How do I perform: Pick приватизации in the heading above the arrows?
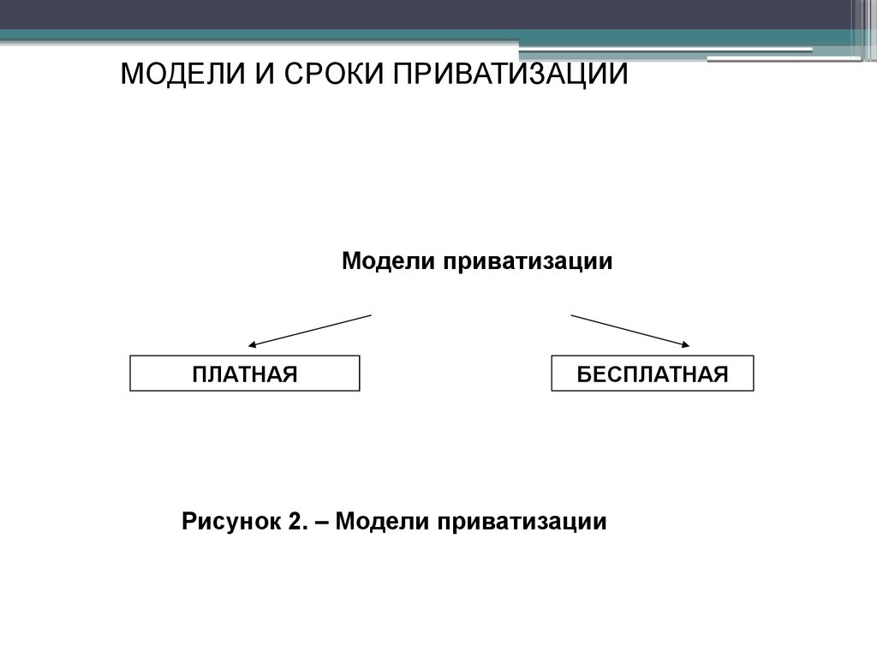pos(528,262)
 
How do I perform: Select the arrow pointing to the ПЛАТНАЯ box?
pos(310,331)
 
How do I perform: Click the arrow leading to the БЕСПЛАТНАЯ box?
pos(629,331)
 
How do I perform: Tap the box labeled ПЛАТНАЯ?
pos(244,374)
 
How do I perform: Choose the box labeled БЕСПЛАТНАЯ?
pos(652,374)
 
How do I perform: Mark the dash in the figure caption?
pos(322,523)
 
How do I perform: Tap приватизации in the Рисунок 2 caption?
pos(522,522)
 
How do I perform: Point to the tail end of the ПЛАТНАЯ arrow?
pos(372,315)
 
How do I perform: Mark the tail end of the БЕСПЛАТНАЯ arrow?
pos(571,315)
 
